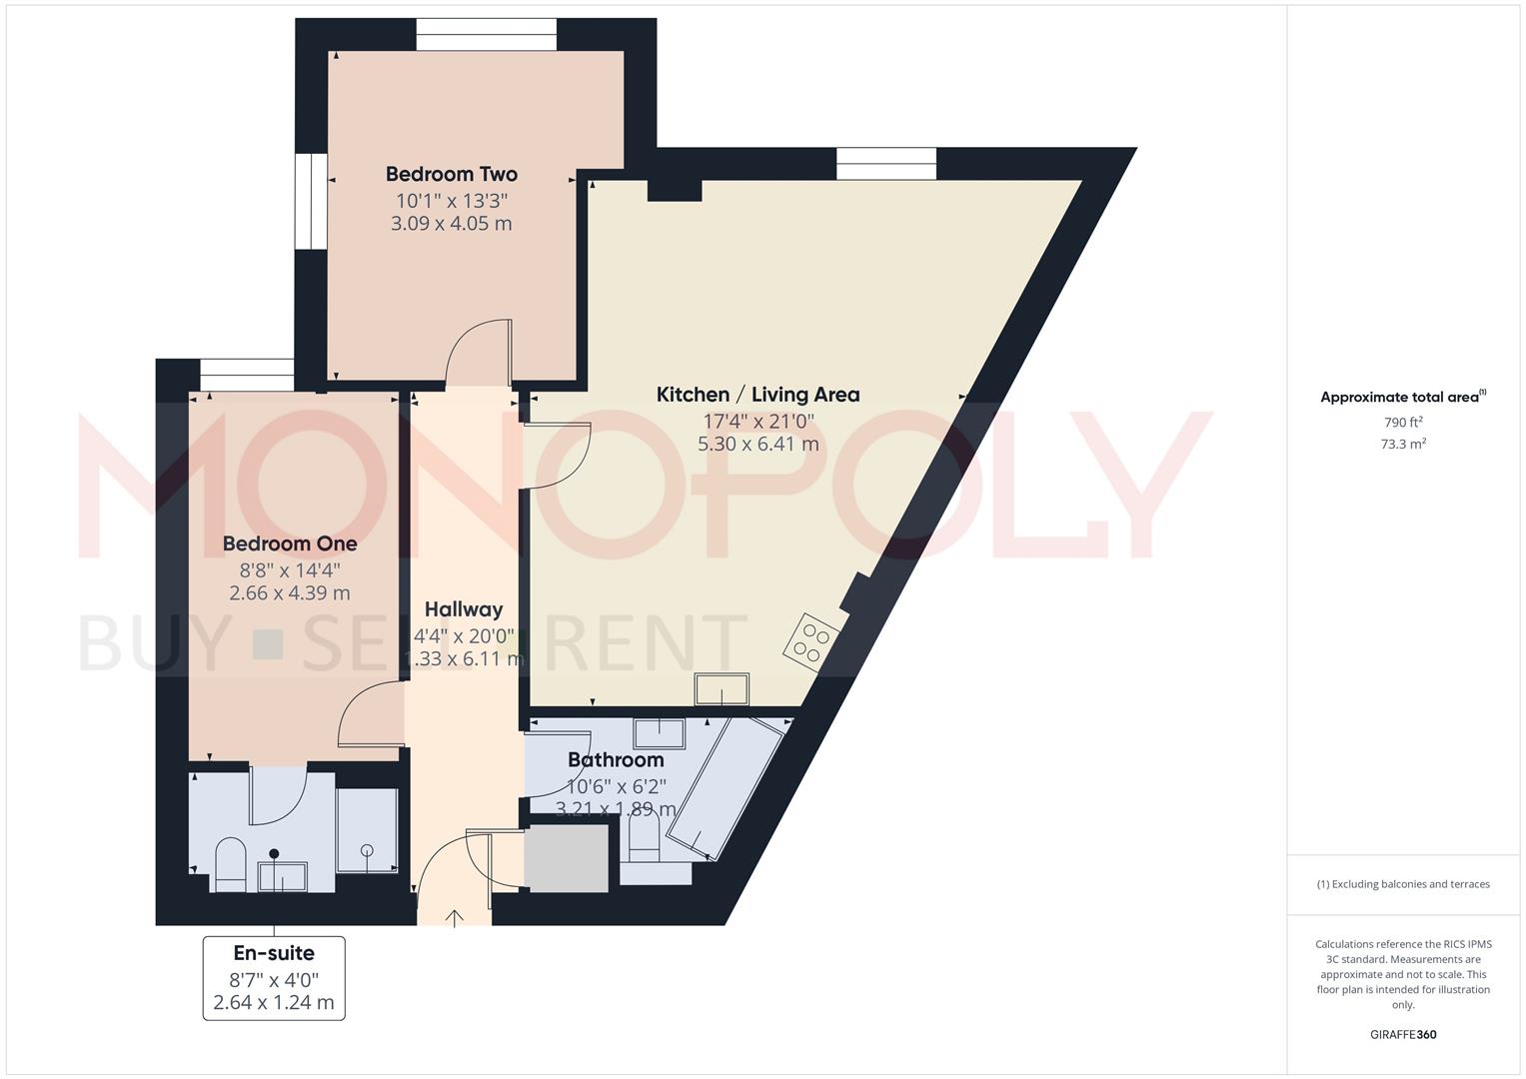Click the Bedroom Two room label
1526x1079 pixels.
pyautogui.click(x=452, y=174)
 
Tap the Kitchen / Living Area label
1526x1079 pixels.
pyautogui.click(x=758, y=395)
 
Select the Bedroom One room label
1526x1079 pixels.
pyautogui.click(x=290, y=543)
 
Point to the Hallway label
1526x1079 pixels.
pyautogui.click(x=464, y=609)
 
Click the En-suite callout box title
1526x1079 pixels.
pyautogui.click(x=274, y=953)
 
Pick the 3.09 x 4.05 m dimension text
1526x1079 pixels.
pyautogui.click(x=452, y=223)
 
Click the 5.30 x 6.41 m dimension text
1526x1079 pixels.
pyautogui.click(x=758, y=443)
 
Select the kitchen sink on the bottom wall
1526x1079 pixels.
pyautogui.click(x=722, y=689)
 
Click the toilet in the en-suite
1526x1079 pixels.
pyautogui.click(x=231, y=862)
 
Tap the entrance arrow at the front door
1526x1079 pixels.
pyautogui.click(x=456, y=917)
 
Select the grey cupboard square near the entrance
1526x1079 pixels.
pyautogui.click(x=567, y=858)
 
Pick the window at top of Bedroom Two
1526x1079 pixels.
pyautogui.click(x=487, y=36)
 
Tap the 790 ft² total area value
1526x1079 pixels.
pyautogui.click(x=1403, y=423)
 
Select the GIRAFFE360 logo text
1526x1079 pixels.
pyautogui.click(x=1403, y=1035)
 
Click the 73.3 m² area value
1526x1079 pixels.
pyautogui.click(x=1403, y=445)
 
